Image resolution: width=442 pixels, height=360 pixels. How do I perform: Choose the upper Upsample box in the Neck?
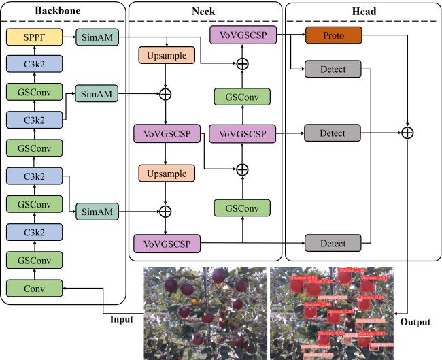point(165,54)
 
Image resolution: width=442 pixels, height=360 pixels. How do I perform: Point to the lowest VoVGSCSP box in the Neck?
point(165,243)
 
